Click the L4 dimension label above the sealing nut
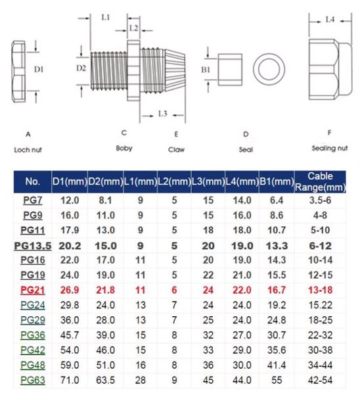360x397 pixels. click(x=330, y=19)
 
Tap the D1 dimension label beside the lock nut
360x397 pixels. click(x=39, y=69)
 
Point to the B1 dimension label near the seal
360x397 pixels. click(x=206, y=70)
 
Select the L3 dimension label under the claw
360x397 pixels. click(x=163, y=114)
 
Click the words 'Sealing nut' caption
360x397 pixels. click(x=329, y=148)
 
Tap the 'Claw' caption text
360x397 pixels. click(x=176, y=150)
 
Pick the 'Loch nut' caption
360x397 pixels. click(x=28, y=150)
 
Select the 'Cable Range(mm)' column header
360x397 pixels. click(x=320, y=182)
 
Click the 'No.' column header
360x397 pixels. click(x=33, y=181)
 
